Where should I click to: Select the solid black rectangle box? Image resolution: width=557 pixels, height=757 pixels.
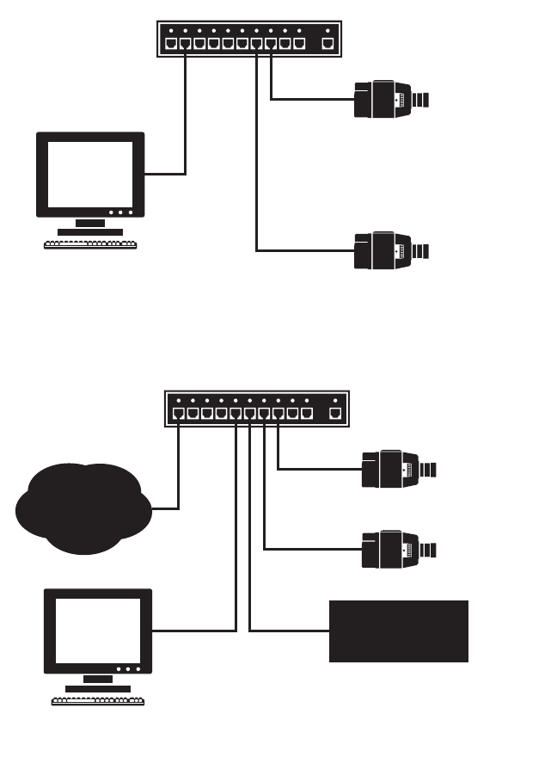(x=399, y=631)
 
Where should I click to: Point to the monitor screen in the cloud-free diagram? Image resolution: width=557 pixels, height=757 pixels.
(x=89, y=172)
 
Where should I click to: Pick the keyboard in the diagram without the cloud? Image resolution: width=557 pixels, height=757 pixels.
(x=90, y=243)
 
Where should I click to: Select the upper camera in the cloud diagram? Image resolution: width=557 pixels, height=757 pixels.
(x=398, y=470)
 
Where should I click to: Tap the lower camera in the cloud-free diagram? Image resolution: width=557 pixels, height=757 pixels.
(x=391, y=250)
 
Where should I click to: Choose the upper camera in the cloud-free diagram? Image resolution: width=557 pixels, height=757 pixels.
(x=391, y=99)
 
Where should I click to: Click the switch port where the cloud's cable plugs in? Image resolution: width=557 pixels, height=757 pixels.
(x=178, y=414)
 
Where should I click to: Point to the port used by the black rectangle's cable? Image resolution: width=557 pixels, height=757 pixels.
(x=249, y=414)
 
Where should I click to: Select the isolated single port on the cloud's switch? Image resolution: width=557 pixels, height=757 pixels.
(x=335, y=414)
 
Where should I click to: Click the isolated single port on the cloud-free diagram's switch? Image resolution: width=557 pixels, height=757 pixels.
(x=327, y=43)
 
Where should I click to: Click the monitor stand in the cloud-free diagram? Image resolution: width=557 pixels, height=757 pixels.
(x=90, y=226)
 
